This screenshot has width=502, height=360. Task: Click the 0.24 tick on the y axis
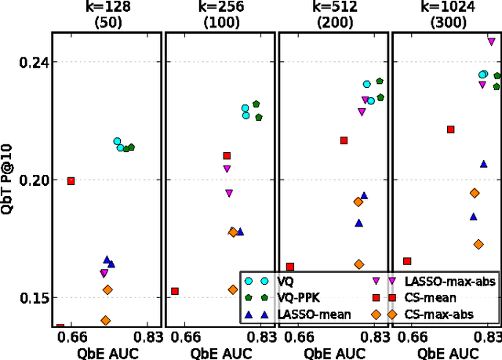point(29,63)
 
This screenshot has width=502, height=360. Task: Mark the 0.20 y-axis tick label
point(29,180)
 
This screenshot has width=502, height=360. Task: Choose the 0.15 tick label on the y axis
point(29,298)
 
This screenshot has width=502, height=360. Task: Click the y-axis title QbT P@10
point(7,180)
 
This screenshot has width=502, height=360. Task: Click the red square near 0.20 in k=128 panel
point(71,181)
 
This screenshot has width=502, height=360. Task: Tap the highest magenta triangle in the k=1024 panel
point(492,42)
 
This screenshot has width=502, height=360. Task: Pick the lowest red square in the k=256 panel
point(175,291)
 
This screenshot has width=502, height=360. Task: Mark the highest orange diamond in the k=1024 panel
point(475,193)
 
